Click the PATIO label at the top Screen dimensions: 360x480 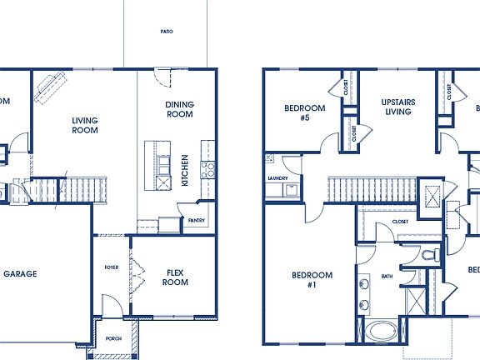pyautogui.click(x=167, y=32)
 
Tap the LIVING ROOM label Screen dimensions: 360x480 pyautogui.click(x=85, y=125)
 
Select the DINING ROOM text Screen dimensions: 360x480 pyautogui.click(x=179, y=108)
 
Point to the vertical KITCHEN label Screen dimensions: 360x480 pyautogui.click(x=185, y=170)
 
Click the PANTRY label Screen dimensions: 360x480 pyautogui.click(x=197, y=221)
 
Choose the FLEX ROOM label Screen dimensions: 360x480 pyautogui.click(x=176, y=277)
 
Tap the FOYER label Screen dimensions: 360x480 pyautogui.click(x=111, y=267)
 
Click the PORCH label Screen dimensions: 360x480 pyautogui.click(x=112, y=338)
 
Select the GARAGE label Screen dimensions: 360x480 pyautogui.click(x=19, y=273)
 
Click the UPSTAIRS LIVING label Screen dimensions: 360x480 pyautogui.click(x=398, y=108)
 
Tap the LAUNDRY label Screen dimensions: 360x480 pyautogui.click(x=277, y=178)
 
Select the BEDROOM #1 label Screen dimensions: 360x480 pyautogui.click(x=312, y=280)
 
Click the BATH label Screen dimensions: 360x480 pyautogui.click(x=387, y=276)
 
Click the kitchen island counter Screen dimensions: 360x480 pyautogui.click(x=154, y=163)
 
